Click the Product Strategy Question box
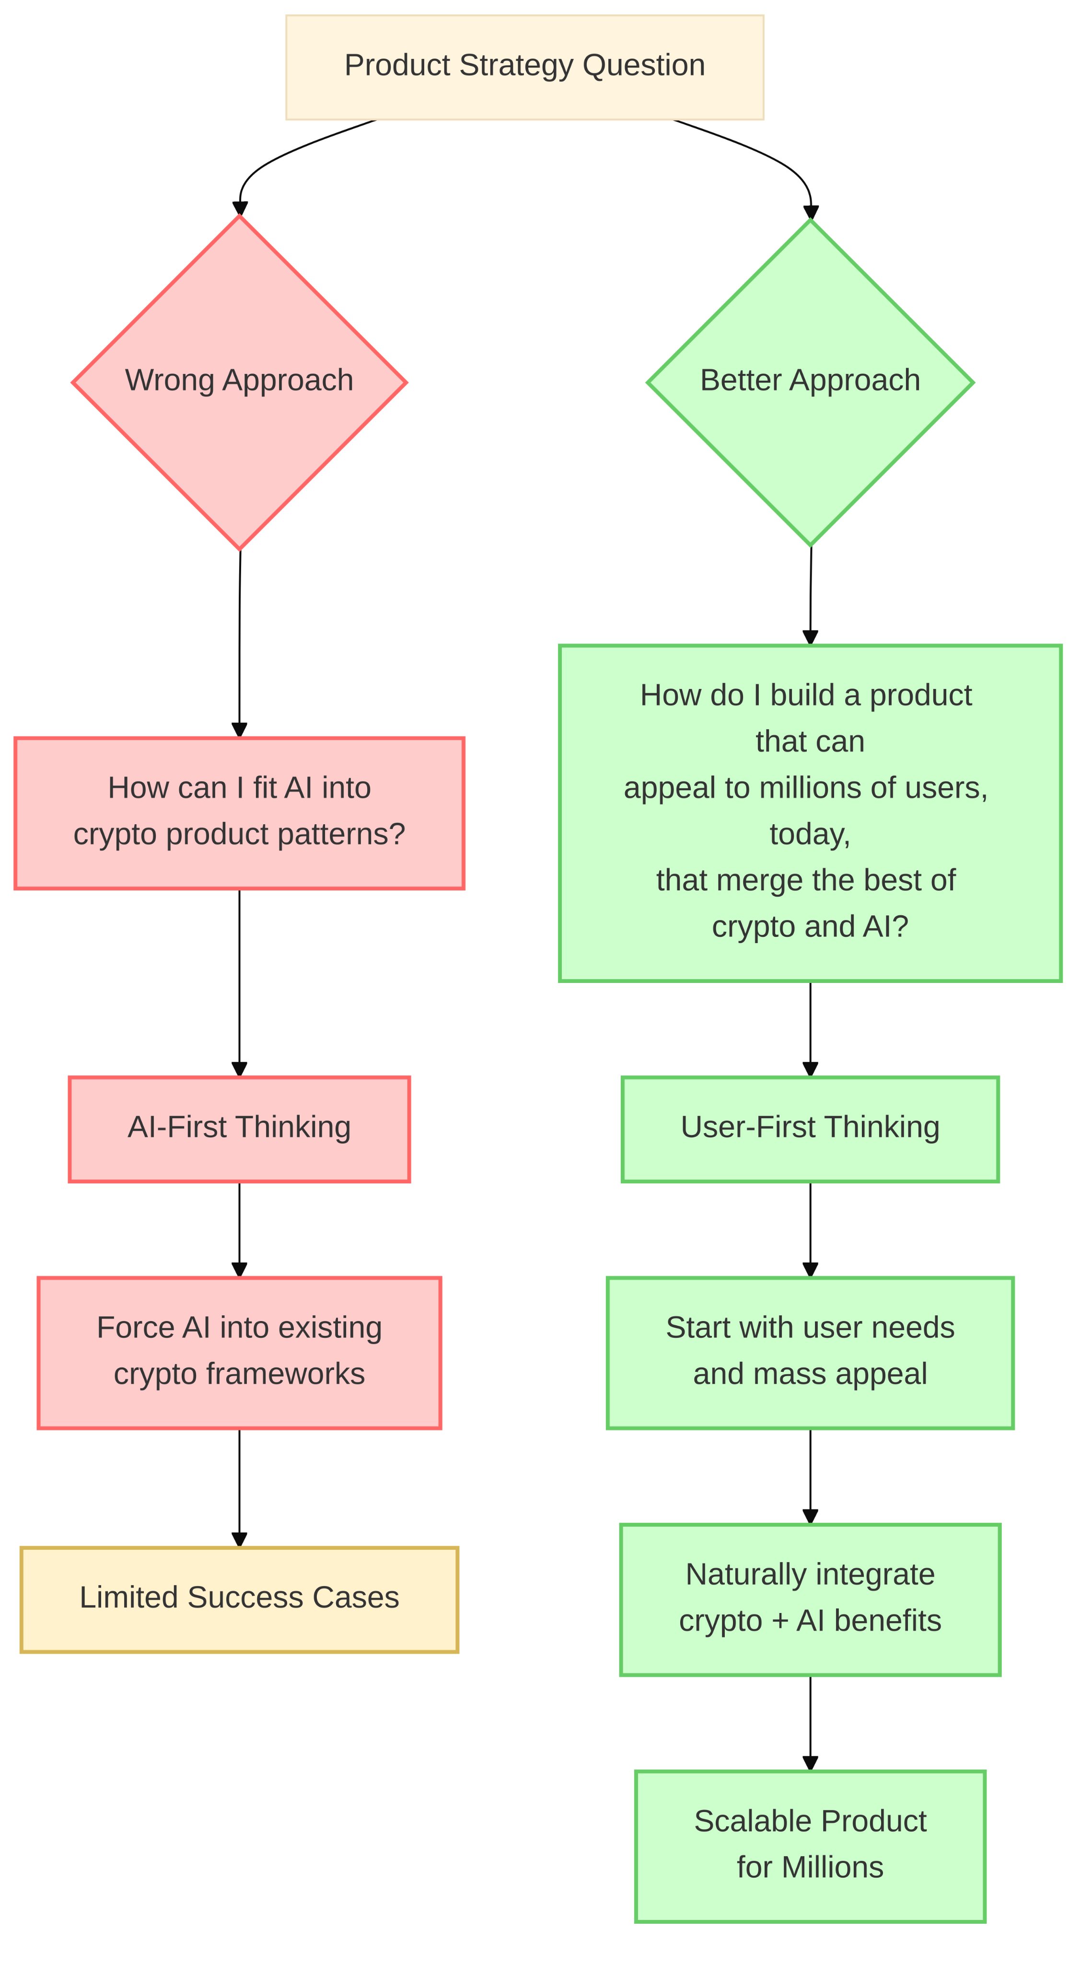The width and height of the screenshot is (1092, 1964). point(524,67)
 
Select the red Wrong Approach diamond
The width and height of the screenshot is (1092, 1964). point(239,382)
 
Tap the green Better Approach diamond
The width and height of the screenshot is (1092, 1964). point(810,382)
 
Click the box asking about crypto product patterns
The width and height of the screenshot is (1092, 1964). point(239,813)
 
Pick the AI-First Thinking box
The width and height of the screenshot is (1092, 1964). point(239,1129)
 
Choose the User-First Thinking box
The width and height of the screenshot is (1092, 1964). point(810,1129)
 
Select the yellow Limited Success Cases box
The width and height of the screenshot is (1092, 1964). point(239,1600)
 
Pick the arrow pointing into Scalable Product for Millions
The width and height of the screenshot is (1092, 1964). point(810,1723)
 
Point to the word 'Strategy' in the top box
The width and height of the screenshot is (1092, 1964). point(517,66)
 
